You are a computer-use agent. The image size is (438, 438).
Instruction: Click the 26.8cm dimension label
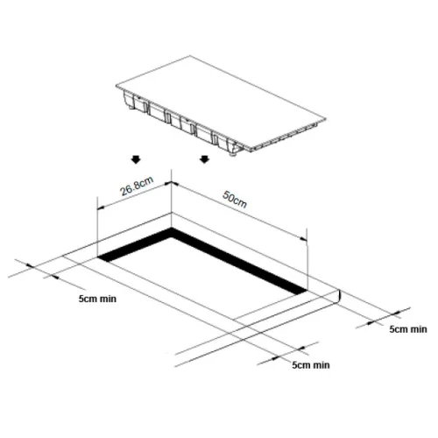pos(137,187)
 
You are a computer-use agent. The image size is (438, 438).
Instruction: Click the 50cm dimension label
pos(235,200)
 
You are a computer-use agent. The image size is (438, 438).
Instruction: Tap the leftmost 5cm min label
pos(97,299)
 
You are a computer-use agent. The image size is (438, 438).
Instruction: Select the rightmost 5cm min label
pos(408,329)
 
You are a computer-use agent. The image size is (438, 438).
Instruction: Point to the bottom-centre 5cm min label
pos(311,365)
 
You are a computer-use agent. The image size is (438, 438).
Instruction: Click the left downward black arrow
pos(136,159)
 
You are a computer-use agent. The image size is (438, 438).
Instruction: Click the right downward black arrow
pos(204,159)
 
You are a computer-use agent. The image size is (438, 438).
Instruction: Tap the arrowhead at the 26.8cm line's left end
pos(101,208)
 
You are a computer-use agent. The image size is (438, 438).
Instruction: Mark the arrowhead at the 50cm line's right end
pos(304,239)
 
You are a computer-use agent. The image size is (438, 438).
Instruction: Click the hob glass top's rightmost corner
pos(325,119)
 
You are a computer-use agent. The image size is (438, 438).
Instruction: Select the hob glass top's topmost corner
pos(190,55)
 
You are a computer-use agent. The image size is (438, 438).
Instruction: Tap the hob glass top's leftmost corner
pos(117,86)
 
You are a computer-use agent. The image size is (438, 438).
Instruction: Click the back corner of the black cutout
pos(171,229)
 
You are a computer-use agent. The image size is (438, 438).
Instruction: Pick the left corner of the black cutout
pos(98,258)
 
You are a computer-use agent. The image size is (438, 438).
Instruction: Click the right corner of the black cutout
pos(306,291)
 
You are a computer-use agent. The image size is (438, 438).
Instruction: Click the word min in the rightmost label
pos(419,329)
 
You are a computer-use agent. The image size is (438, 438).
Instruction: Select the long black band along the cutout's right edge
pos(239,261)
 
